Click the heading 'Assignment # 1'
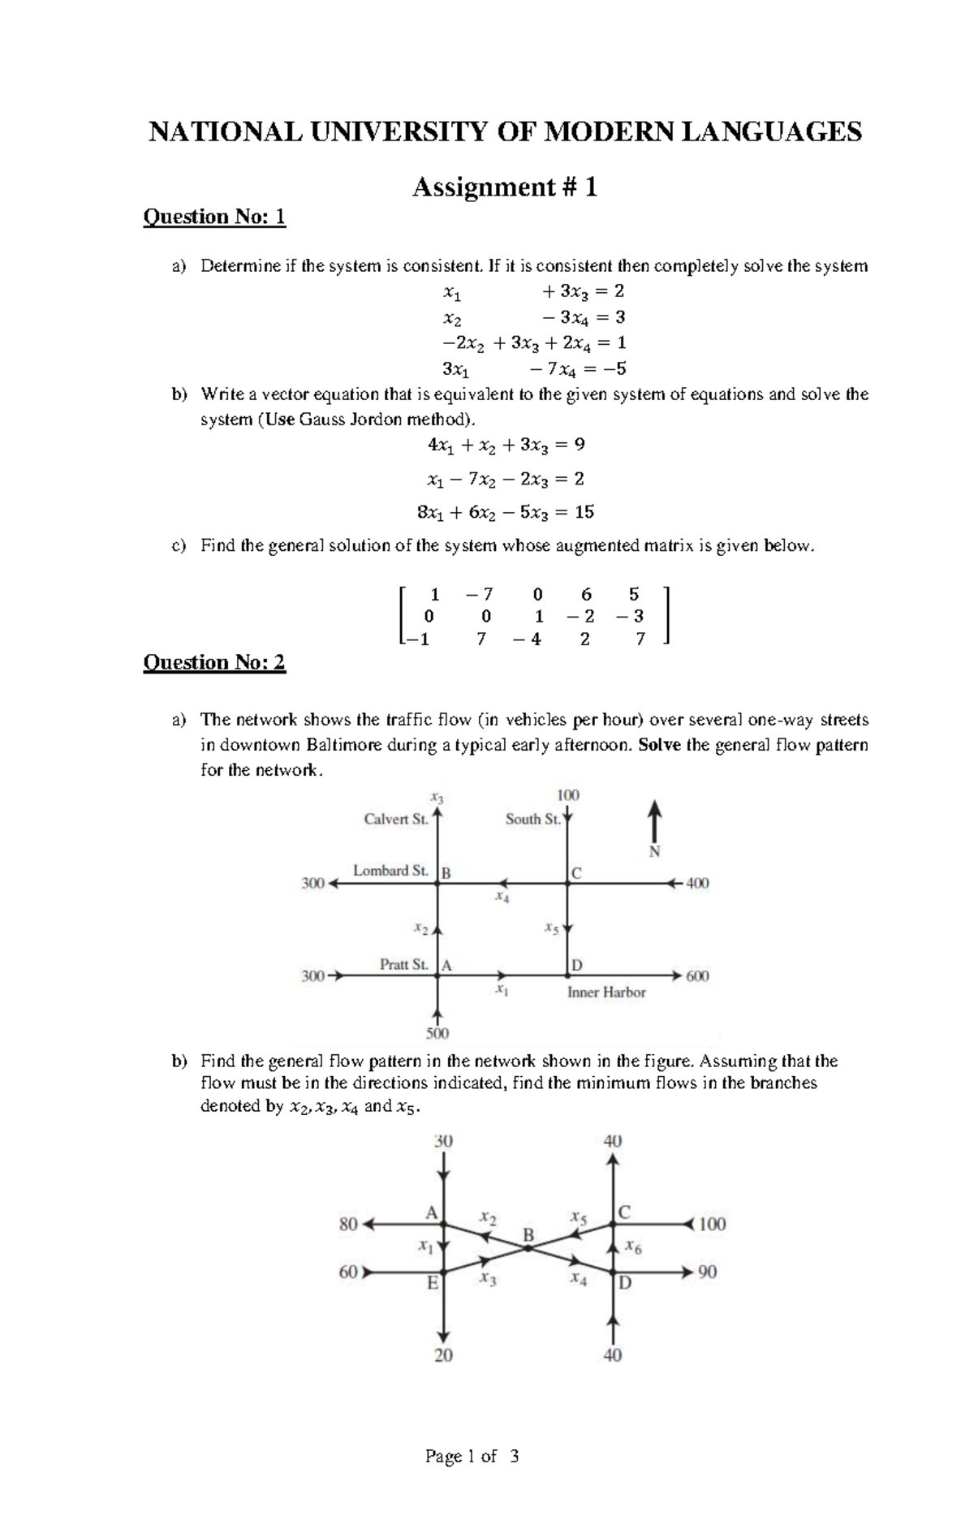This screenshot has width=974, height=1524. click(505, 187)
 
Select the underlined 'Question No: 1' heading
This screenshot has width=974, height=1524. click(214, 217)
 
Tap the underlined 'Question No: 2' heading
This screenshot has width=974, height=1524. click(214, 663)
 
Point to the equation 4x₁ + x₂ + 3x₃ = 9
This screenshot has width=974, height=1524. click(506, 446)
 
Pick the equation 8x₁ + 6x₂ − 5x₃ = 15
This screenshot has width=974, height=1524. click(505, 512)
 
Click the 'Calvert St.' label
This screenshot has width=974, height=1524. click(395, 820)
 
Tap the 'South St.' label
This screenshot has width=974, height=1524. click(532, 820)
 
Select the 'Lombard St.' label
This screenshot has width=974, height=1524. click(390, 871)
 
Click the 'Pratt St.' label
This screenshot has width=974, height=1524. click(403, 964)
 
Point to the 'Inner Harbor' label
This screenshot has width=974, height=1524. click(606, 992)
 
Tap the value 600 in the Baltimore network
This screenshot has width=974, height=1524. click(697, 976)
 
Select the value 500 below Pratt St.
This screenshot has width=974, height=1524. click(437, 1034)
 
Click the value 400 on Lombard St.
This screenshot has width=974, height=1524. click(697, 883)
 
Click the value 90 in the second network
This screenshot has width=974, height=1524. click(707, 1272)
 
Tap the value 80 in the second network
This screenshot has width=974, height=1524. click(348, 1225)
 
